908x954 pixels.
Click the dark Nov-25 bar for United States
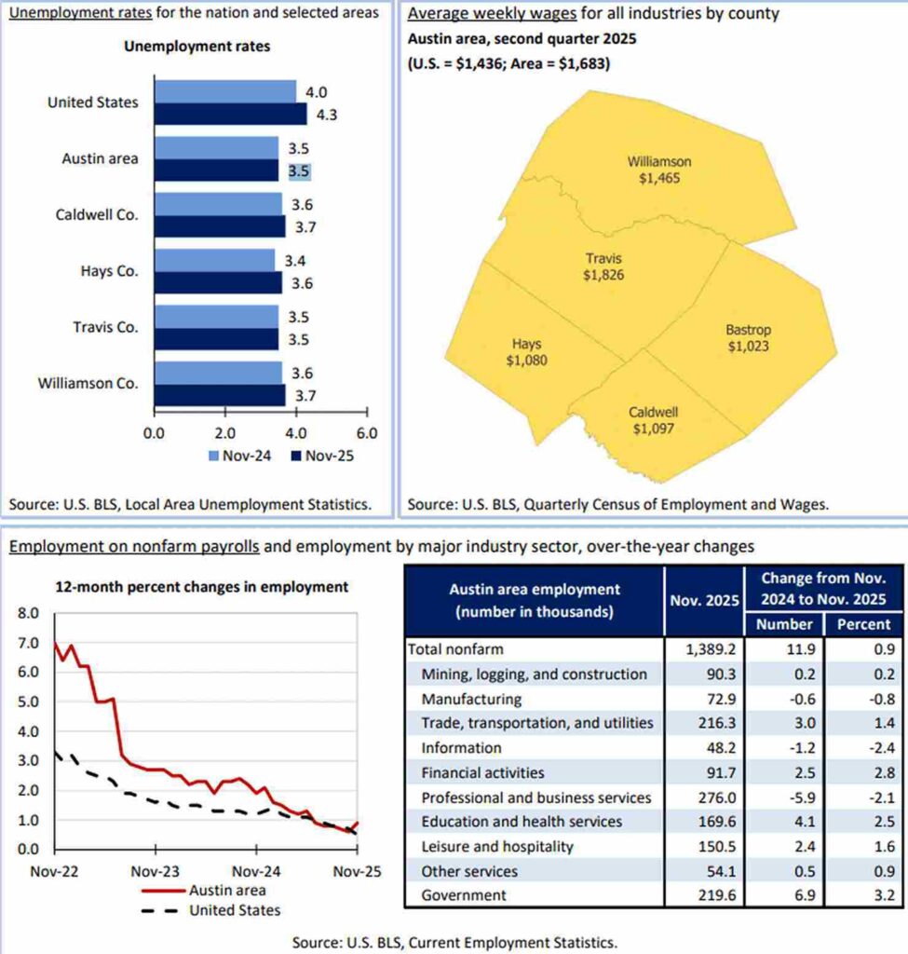(230, 115)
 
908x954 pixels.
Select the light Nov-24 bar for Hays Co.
(214, 260)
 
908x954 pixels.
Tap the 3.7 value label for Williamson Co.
(304, 395)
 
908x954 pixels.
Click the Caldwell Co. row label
(96, 214)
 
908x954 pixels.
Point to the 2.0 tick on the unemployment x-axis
(224, 433)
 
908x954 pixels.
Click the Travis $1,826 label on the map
(603, 266)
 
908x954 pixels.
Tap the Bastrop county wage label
(748, 338)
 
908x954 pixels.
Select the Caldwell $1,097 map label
(652, 420)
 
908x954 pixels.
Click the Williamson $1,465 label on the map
(658, 170)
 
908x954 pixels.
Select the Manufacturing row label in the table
(471, 699)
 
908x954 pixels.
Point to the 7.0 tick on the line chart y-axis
(29, 644)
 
